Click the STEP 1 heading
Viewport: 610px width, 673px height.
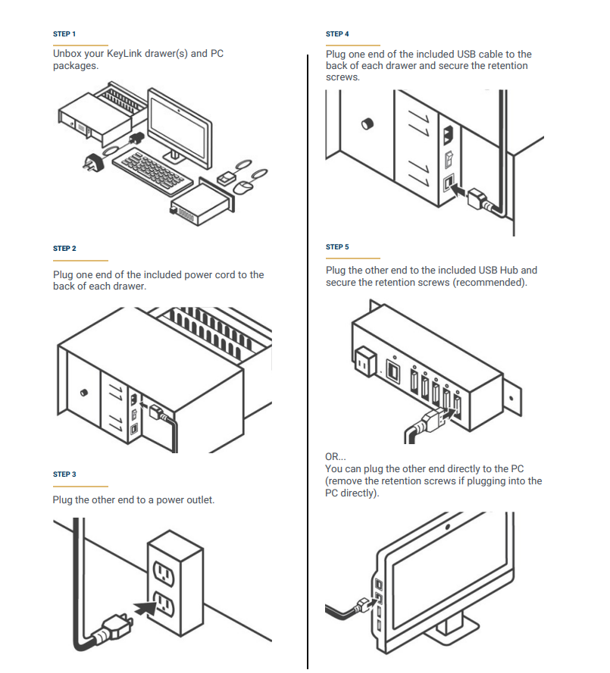(64, 34)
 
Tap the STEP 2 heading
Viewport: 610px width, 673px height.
(64, 249)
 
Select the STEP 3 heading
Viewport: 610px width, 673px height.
(64, 474)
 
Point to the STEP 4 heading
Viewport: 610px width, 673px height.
(337, 34)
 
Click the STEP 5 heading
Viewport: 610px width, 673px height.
(337, 247)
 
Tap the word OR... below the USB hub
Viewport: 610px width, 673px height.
(336, 457)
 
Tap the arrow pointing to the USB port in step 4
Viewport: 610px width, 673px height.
(458, 192)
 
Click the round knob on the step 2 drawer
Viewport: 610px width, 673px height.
(83, 392)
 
